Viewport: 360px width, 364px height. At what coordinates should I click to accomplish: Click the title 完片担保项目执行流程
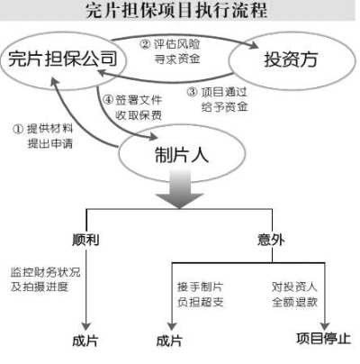coord(176,11)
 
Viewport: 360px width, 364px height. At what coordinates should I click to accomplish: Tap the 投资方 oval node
coord(291,60)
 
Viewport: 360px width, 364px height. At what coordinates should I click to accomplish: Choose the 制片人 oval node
coord(182,155)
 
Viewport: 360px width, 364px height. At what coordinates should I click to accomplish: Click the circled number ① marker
coord(18,129)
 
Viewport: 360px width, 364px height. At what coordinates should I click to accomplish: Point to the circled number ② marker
coord(146,45)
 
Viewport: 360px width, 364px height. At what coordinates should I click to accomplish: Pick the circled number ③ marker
coord(193,92)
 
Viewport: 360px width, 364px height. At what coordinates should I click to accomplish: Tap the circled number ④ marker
coord(108,100)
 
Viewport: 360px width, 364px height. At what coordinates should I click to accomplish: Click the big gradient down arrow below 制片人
coord(179,188)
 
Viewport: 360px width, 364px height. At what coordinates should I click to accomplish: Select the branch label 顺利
coord(85,240)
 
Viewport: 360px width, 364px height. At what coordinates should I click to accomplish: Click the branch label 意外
coord(271,240)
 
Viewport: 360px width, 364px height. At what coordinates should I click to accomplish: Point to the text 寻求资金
coord(177,59)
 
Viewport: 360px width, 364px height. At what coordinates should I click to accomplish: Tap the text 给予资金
coord(225,106)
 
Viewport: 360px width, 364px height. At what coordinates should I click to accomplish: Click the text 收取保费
coord(139,115)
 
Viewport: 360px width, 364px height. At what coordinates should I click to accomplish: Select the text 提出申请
coord(50,143)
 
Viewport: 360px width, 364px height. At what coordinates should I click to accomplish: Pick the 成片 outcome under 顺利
coord(85,341)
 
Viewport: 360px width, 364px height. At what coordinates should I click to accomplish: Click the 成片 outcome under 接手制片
coord(169,341)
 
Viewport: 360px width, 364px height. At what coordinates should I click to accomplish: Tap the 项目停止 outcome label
coord(323,339)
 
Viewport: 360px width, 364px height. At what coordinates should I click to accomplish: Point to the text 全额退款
coord(295,302)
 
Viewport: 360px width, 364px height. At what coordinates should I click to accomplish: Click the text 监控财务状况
coord(46,272)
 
